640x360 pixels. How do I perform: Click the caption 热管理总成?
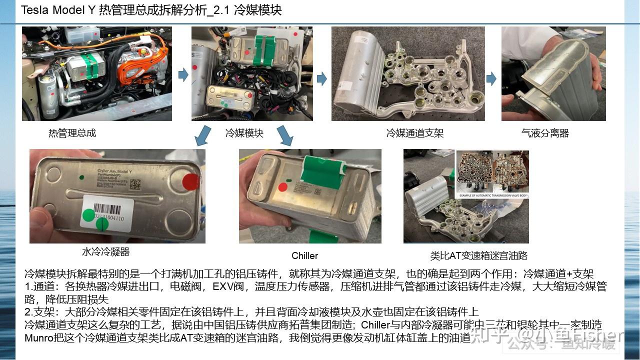pos(72,133)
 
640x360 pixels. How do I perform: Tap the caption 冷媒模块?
pos(244,133)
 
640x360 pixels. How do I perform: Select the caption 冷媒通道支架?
pos(414,133)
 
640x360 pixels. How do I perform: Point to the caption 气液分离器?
pos(544,133)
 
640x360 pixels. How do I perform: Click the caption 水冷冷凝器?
pos(105,251)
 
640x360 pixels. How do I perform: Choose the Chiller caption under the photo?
pos(304,255)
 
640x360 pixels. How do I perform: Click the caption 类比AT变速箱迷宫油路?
pos(478,255)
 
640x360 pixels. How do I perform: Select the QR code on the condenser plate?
pos(135,183)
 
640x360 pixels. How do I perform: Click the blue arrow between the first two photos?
pos(183,75)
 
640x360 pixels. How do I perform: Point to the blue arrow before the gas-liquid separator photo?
pos(491,78)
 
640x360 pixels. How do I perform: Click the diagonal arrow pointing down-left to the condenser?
pos(202,135)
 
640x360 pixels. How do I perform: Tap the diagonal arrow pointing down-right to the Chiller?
pos(284,135)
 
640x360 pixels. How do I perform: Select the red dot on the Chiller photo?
pos(282,187)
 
